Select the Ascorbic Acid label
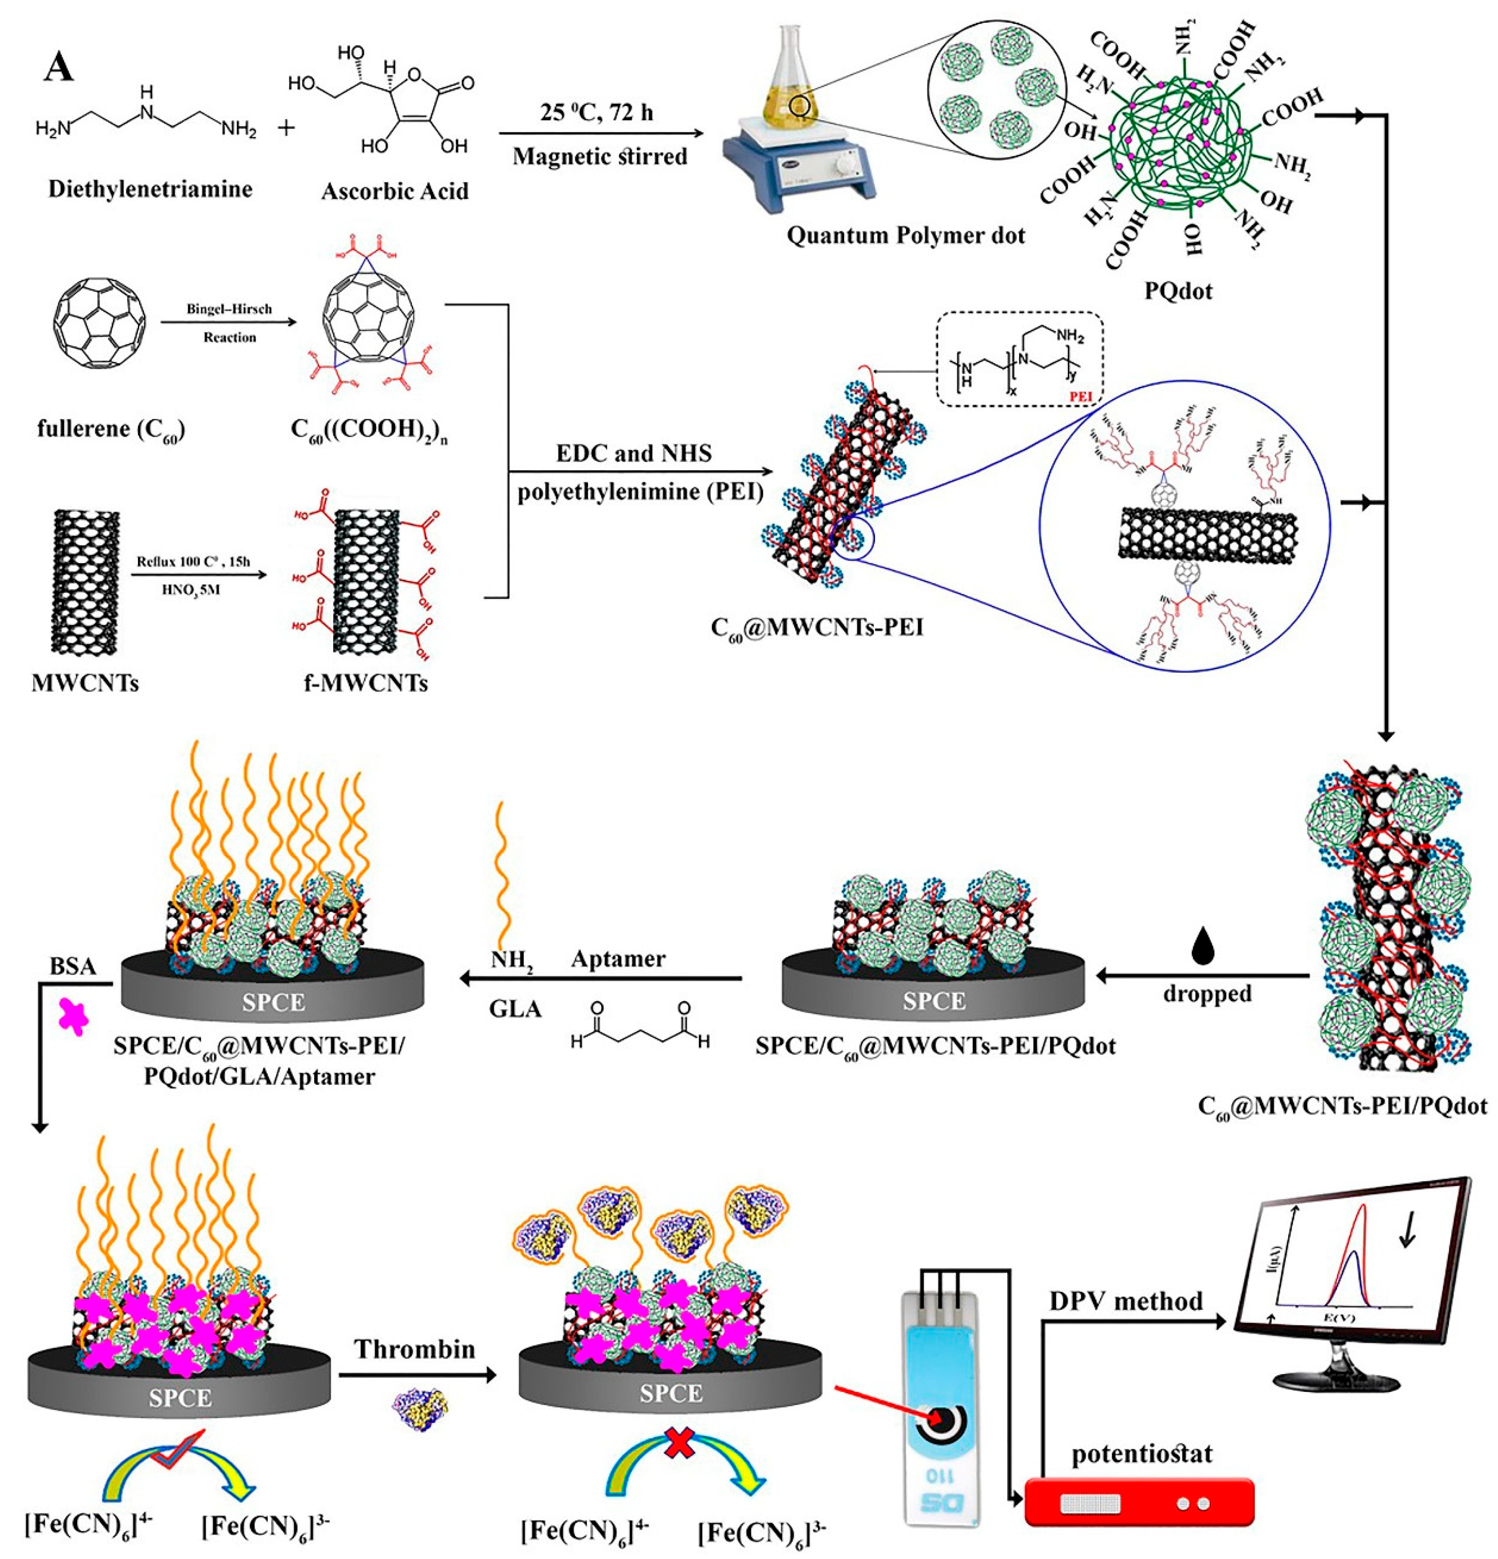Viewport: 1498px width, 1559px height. click(x=395, y=191)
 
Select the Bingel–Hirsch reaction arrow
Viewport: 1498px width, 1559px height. click(x=229, y=322)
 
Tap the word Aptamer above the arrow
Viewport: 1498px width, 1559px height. click(x=618, y=959)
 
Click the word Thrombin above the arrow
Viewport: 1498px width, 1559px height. click(x=414, y=1349)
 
